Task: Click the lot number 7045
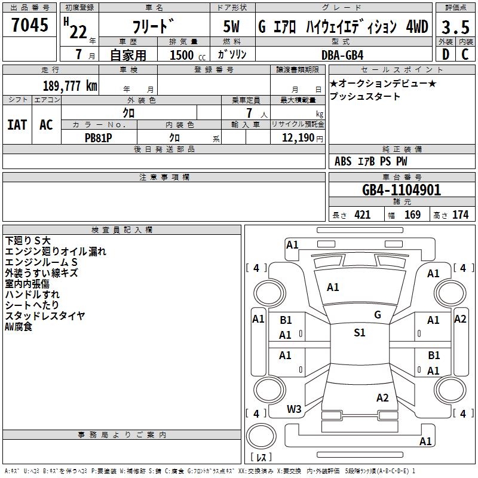(x=30, y=25)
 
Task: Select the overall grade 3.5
(x=455, y=27)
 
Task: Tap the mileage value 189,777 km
(x=70, y=85)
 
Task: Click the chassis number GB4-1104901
(x=402, y=190)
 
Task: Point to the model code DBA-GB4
(x=342, y=55)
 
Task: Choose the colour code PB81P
(x=98, y=138)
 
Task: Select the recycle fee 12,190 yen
(x=302, y=138)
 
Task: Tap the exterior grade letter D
(x=445, y=54)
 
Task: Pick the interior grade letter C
(x=465, y=54)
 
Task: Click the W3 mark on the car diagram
(x=294, y=409)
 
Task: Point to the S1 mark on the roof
(x=360, y=333)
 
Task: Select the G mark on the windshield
(x=378, y=315)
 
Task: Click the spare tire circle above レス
(x=261, y=436)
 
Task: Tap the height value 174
(x=460, y=215)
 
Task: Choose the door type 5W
(x=231, y=26)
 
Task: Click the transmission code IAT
(x=17, y=125)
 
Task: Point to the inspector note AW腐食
(x=19, y=327)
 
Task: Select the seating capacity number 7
(x=249, y=113)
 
